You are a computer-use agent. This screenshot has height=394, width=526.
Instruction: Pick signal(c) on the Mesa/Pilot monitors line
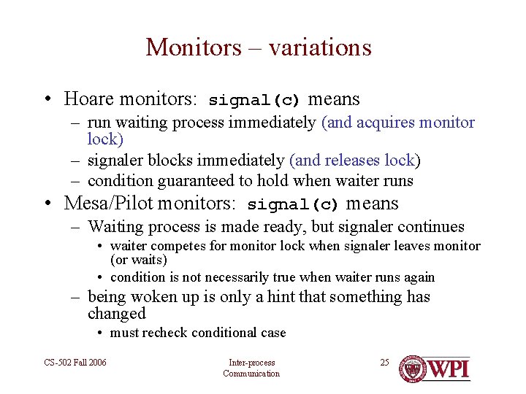[293, 204]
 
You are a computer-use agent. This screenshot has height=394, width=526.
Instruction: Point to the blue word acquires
[385, 123]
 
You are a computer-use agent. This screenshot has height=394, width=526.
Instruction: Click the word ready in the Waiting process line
[281, 228]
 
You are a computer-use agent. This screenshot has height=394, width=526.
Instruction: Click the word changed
[116, 314]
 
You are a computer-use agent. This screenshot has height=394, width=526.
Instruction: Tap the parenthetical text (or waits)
[139, 260]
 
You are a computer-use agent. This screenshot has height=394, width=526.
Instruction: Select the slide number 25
[384, 363]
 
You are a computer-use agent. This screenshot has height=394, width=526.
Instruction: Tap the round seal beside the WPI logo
[414, 368]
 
